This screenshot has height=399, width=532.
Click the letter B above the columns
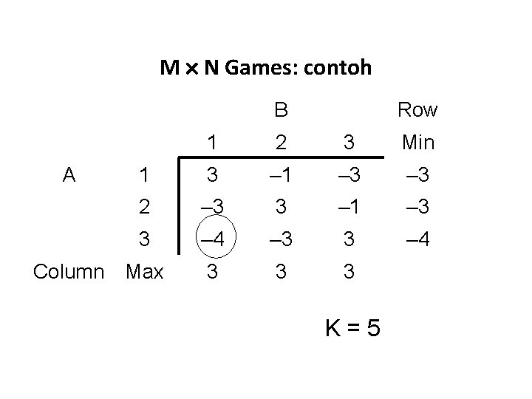(x=281, y=111)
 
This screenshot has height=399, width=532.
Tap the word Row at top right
(x=417, y=111)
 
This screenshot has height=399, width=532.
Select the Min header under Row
(x=417, y=142)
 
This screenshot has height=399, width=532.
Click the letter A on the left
(x=69, y=174)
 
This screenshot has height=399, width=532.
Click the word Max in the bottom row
(x=144, y=271)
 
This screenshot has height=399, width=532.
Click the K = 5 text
(x=354, y=327)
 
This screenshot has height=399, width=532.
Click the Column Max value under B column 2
(x=281, y=271)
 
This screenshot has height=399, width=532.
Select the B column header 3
(x=349, y=142)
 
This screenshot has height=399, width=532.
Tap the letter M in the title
(x=170, y=69)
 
